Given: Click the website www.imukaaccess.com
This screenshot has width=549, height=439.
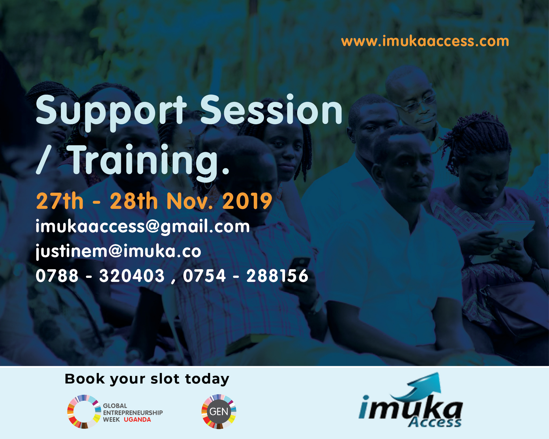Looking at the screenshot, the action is click(425, 41).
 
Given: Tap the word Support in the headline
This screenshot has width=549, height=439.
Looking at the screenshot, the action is click(111, 112).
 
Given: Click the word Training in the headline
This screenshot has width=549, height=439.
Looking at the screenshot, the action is click(149, 162).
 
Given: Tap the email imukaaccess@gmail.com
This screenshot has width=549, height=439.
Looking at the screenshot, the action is click(143, 227).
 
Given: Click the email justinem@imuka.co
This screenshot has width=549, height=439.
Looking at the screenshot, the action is click(119, 251).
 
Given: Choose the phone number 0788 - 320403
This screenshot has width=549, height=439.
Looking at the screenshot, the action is click(100, 276).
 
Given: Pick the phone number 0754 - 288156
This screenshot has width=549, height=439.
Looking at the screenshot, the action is click(245, 276).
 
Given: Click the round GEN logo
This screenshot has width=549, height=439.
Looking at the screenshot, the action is click(219, 412).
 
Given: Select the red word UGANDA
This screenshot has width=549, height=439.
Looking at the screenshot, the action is click(137, 420).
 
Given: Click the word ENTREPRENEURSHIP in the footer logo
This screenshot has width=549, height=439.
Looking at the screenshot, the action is click(133, 413).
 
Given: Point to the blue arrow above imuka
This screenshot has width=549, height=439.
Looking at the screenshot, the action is click(420, 385).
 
